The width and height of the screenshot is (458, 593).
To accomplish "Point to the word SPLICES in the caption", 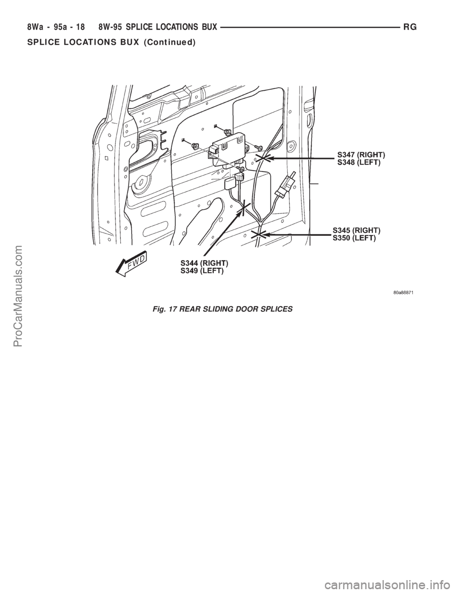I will [277, 309].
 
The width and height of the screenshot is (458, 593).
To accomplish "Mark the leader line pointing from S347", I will [301, 157].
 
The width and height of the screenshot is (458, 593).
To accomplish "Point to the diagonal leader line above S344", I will [224, 229].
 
